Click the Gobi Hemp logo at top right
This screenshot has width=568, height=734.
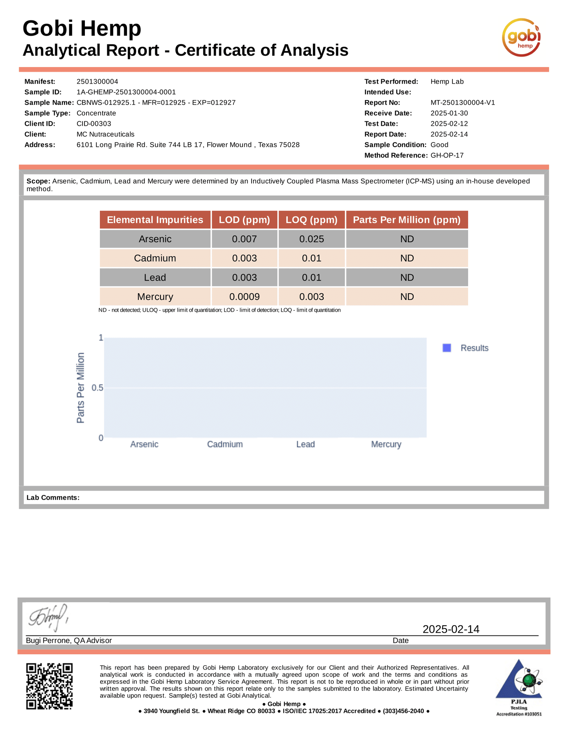[x=521, y=38]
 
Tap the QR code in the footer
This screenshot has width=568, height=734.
[x=50, y=686]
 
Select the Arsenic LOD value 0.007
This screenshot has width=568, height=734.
[x=244, y=239]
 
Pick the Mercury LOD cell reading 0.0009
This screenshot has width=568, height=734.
[x=244, y=297]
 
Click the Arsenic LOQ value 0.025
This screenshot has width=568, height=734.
[x=311, y=239]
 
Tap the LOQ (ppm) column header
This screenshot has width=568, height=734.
[x=311, y=220]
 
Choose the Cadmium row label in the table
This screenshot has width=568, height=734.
[x=155, y=258]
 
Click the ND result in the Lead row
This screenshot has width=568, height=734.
[x=407, y=278]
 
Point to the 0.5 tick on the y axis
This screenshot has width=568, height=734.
[x=97, y=388]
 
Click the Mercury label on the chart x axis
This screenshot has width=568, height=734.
[x=386, y=444]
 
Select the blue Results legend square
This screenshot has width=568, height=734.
[x=447, y=348]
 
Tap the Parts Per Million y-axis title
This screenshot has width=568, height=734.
[x=81, y=388]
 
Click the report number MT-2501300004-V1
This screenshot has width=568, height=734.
[x=463, y=103]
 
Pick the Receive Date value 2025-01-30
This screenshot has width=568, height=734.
[x=449, y=113]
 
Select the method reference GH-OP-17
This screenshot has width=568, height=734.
[x=447, y=155]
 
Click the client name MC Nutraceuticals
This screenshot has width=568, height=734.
[x=105, y=134]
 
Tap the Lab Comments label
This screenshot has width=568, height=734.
[x=53, y=498]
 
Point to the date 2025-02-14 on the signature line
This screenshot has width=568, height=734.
[x=451, y=629]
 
